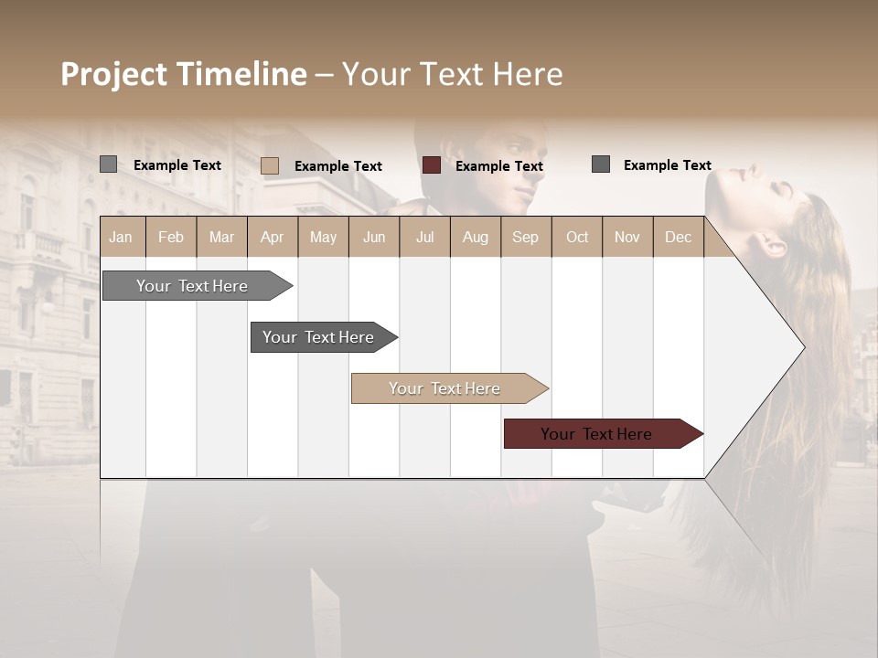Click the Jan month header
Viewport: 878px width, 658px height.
pyautogui.click(x=121, y=237)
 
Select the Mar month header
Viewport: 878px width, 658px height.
pyautogui.click(x=221, y=237)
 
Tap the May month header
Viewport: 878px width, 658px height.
pyautogui.click(x=323, y=237)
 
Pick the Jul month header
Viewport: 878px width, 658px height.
pyautogui.click(x=424, y=237)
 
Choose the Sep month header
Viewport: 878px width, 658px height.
pyautogui.click(x=525, y=237)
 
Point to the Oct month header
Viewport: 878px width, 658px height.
pyautogui.click(x=577, y=237)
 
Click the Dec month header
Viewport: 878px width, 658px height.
pyautogui.click(x=678, y=237)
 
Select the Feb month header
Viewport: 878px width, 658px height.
pyautogui.click(x=171, y=237)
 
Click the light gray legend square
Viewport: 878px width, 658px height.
pyautogui.click(x=108, y=164)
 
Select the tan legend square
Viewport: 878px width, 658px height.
pyautogui.click(x=270, y=165)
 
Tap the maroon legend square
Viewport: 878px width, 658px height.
pyautogui.click(x=432, y=165)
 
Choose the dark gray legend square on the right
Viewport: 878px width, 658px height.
pyautogui.click(x=601, y=164)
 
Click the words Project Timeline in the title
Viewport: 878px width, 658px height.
pyautogui.click(x=184, y=74)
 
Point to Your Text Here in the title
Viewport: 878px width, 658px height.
pyautogui.click(x=452, y=74)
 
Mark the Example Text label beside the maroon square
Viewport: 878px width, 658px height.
pyautogui.click(x=499, y=166)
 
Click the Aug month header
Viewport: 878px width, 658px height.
pyautogui.click(x=475, y=237)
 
